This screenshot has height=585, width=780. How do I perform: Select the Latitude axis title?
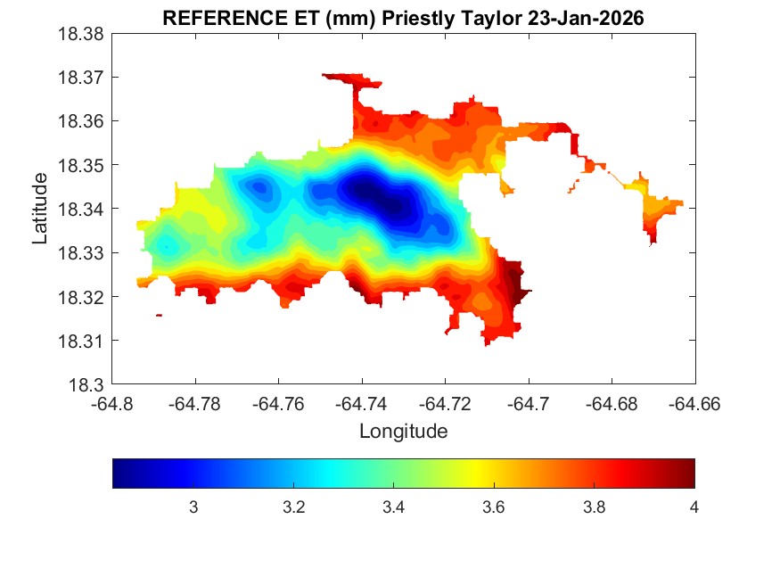click(39, 210)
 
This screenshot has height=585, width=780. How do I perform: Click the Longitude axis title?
click(403, 432)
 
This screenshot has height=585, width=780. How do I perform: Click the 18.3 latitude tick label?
click(89, 385)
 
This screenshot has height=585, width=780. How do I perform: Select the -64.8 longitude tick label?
click(113, 404)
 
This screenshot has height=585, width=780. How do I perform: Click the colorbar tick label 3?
click(193, 507)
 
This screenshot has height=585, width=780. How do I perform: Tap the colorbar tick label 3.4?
click(393, 507)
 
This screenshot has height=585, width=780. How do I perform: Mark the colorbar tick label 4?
click(694, 507)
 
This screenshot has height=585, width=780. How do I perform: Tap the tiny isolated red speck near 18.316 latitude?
click(159, 315)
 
